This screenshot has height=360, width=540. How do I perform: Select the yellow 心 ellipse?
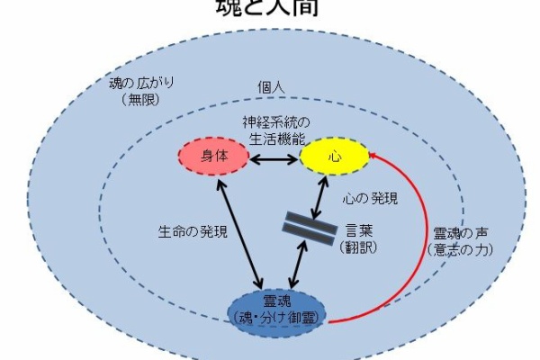point(333,157)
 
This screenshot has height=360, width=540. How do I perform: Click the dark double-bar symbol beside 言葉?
point(302,225)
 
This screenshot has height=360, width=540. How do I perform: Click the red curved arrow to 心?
point(404,234)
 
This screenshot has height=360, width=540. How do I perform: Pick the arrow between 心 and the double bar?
point(319,193)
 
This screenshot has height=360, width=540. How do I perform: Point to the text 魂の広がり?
point(139,84)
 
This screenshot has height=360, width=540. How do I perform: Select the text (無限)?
point(138,99)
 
